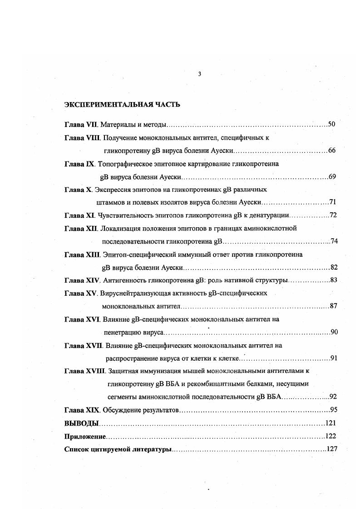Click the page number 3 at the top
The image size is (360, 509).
click(x=199, y=74)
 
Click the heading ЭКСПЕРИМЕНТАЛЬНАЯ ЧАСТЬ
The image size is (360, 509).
click(x=123, y=105)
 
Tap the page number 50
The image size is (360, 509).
click(x=331, y=124)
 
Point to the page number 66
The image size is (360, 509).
click(x=331, y=151)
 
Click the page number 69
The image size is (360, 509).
click(x=331, y=176)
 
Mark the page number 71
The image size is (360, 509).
click(x=331, y=202)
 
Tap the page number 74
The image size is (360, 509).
click(x=334, y=241)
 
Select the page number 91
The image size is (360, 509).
click(x=334, y=359)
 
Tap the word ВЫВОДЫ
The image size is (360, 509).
click(x=81, y=423)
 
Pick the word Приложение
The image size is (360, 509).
click(x=85, y=436)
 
